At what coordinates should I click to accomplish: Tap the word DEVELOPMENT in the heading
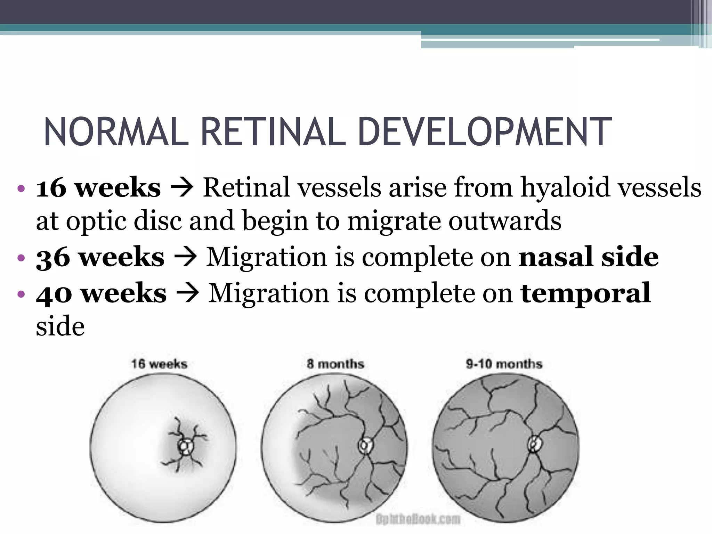click(484, 132)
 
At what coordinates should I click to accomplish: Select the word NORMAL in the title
click(116, 132)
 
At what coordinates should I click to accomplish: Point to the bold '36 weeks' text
click(100, 258)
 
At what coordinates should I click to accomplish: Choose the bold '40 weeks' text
click(101, 293)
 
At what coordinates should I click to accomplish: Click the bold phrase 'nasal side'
click(588, 258)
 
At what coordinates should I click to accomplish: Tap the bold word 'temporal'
click(585, 293)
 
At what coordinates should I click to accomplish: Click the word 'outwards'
click(505, 221)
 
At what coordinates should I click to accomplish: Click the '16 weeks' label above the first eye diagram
click(159, 364)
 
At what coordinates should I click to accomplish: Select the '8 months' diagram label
click(335, 364)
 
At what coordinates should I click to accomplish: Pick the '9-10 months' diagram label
click(504, 364)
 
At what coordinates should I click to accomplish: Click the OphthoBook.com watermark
click(418, 519)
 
